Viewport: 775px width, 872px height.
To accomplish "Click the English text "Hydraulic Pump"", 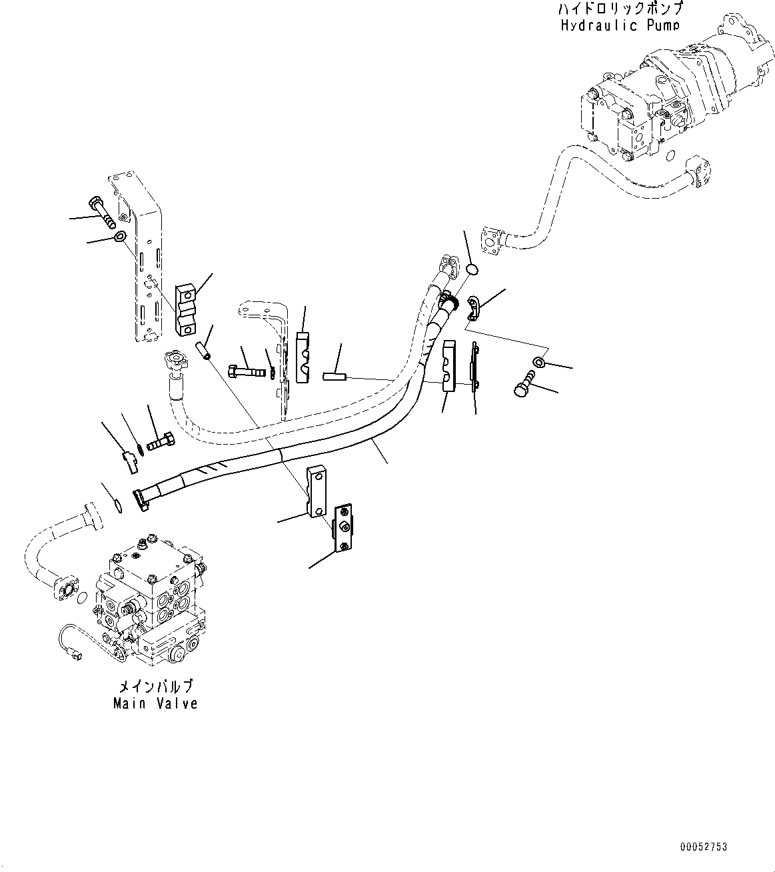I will (x=620, y=25).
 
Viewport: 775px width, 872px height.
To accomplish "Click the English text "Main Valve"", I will (x=155, y=703).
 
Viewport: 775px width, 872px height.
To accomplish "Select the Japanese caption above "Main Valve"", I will (x=155, y=687).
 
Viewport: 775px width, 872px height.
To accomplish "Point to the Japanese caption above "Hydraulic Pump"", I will (x=620, y=10).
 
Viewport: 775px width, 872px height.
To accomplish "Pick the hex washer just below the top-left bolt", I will (x=120, y=237).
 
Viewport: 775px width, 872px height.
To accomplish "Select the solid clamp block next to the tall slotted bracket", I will (x=185, y=310).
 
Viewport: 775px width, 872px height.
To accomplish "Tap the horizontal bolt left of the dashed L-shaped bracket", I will (x=245, y=369).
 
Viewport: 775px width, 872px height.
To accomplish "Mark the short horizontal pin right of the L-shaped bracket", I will (x=333, y=377).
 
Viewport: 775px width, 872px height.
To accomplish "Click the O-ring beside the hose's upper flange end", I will (x=472, y=270).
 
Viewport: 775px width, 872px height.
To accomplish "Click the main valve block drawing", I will (x=150, y=600).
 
